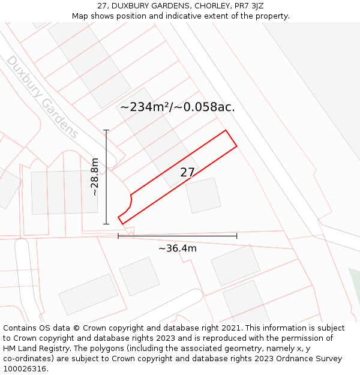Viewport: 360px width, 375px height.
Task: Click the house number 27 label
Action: [187, 173]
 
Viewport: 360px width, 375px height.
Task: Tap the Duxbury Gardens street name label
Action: [42, 97]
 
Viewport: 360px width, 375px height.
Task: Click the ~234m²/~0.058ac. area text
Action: [178, 107]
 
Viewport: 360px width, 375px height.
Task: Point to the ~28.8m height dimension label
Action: [95, 178]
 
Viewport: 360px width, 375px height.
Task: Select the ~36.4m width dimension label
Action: [178, 248]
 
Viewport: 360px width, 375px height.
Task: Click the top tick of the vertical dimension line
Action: [106, 130]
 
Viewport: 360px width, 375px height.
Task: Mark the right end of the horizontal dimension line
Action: [236, 236]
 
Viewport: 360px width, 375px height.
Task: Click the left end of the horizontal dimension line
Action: [118, 236]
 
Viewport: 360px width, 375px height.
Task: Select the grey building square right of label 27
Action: [203, 195]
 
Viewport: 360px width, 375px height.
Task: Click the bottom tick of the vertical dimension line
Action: [106, 224]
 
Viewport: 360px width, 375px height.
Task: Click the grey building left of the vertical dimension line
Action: [64, 192]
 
